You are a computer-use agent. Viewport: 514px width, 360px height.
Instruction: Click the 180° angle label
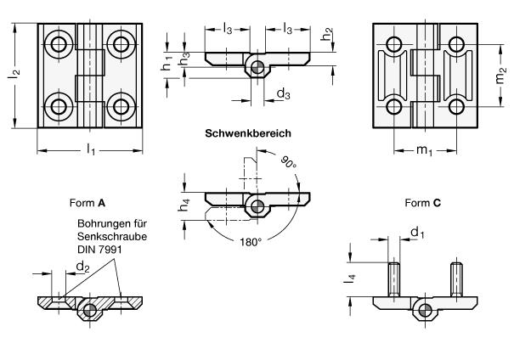[250, 242]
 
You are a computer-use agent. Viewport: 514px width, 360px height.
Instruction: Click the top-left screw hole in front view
[59, 43]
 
